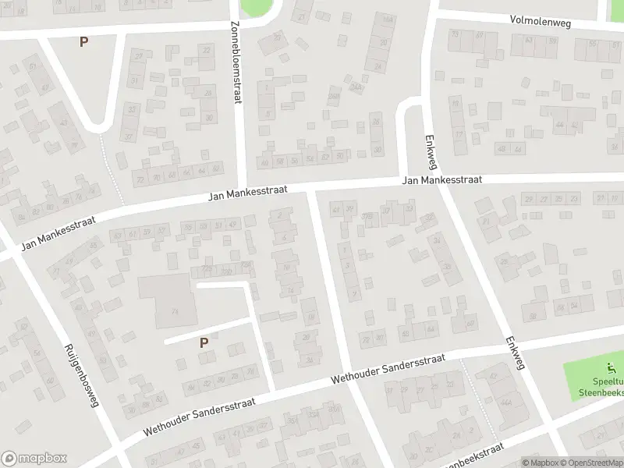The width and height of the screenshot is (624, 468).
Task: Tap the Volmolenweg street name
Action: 541,22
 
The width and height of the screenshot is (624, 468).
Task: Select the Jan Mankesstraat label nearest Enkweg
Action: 442,180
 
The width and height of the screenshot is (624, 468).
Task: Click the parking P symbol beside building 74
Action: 204,342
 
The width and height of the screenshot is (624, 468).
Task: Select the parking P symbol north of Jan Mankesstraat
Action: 83,41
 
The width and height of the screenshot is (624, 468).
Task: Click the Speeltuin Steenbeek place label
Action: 601,388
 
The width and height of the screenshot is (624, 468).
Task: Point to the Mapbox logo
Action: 34,459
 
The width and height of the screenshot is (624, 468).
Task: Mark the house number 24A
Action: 356,87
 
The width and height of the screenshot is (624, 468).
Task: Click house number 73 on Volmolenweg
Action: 454,36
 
